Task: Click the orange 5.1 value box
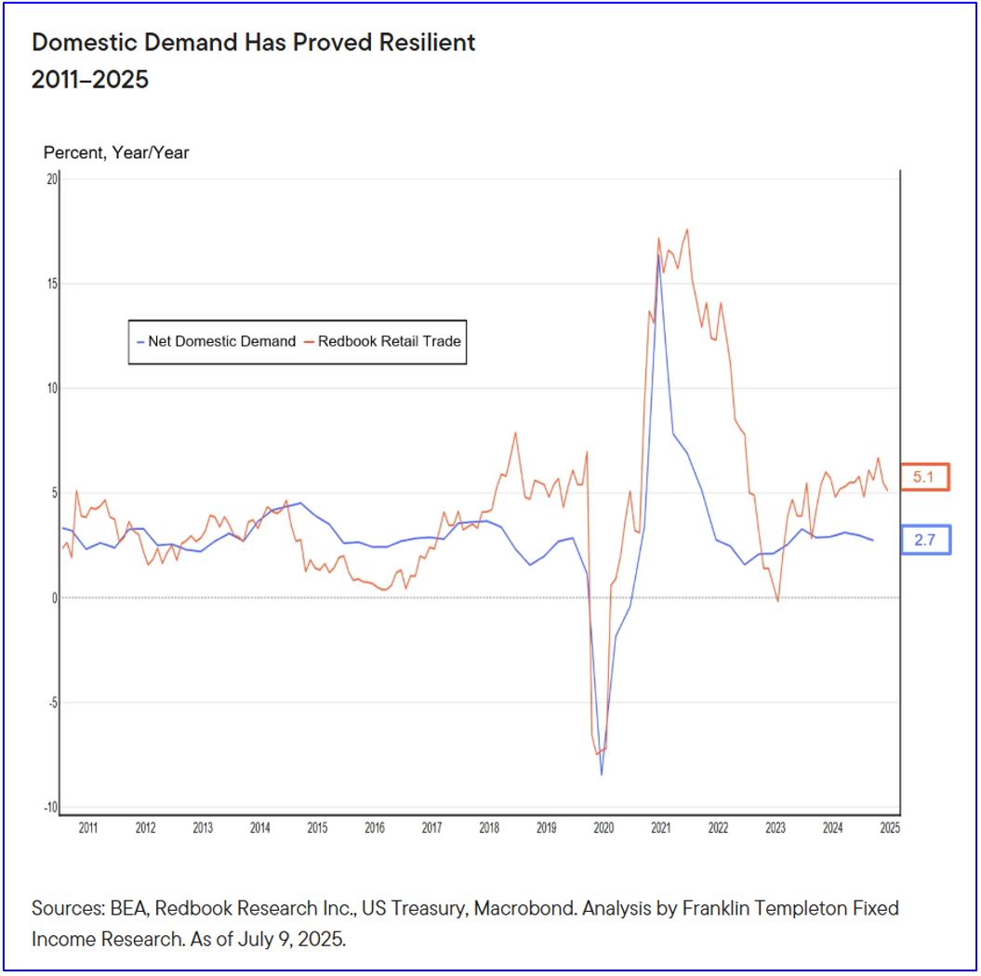[x=924, y=477]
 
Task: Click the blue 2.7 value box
[x=924, y=539]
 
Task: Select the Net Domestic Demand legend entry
[x=215, y=341]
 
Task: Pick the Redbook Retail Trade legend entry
[x=383, y=341]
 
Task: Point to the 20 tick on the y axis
[x=52, y=178]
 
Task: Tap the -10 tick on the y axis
[x=49, y=807]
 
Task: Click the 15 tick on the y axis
[x=52, y=284]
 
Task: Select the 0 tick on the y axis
[x=54, y=598]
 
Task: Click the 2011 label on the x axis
[x=88, y=827]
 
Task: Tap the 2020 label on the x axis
[x=603, y=827]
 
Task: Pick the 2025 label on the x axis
[x=889, y=827]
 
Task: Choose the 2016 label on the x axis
[x=375, y=827]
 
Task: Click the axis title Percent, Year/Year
[x=116, y=152]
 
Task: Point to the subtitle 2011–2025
[x=90, y=80]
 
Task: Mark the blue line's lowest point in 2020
[x=602, y=774]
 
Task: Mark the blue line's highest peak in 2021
[x=658, y=255]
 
